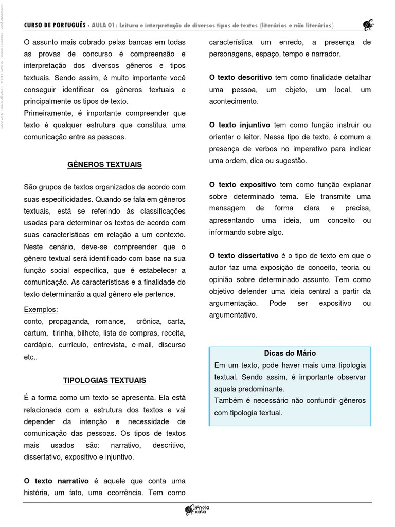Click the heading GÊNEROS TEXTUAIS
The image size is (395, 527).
(104, 165)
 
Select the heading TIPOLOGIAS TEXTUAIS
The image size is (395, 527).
(104, 380)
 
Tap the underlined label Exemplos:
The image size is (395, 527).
(41, 309)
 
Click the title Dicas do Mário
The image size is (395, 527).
(290, 353)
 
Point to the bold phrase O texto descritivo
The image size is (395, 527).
(241, 77)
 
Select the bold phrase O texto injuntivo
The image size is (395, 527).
(240, 125)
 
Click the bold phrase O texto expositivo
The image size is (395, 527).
(242, 184)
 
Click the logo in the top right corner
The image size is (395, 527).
(368, 25)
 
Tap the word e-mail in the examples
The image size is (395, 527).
(140, 345)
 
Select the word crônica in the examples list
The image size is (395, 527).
(146, 321)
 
